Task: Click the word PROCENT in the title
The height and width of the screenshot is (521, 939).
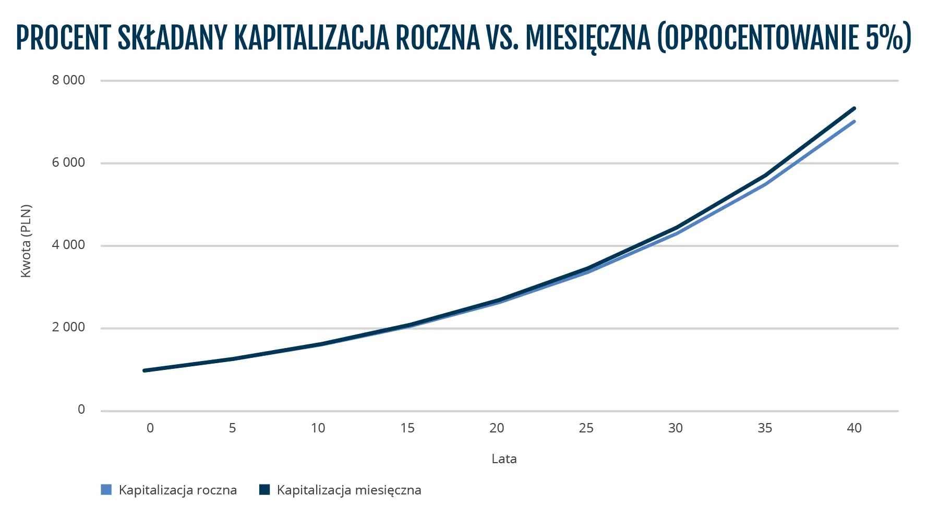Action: pos(64,38)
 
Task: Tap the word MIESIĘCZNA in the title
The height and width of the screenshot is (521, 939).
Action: pos(588,38)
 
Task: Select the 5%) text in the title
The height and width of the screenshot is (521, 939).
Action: pos(888,38)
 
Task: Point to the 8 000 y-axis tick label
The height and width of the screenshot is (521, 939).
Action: pos(68,80)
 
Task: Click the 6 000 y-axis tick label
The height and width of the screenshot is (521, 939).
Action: pos(68,163)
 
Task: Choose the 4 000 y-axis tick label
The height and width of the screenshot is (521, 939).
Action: pos(68,245)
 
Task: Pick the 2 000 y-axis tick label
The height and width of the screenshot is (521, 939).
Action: pos(68,327)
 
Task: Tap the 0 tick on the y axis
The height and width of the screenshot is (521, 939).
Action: pos(81,410)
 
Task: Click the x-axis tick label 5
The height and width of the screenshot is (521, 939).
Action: pos(232,428)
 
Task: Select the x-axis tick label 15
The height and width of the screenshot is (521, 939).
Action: pos(407,428)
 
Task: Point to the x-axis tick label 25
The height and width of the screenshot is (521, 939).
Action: pos(586,428)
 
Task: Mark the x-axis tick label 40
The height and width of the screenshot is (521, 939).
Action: pos(854,428)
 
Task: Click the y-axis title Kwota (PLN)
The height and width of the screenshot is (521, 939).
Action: pos(26,241)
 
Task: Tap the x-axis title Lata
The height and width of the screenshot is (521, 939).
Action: pos(504,459)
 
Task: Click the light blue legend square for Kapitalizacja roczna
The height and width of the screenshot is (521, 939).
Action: pos(106,490)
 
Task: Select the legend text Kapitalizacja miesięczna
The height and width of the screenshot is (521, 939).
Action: pos(348,490)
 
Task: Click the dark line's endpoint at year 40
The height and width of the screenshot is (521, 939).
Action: pos(854,108)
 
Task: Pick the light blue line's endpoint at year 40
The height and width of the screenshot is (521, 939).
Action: pos(854,121)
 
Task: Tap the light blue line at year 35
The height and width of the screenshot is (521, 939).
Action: pos(765,184)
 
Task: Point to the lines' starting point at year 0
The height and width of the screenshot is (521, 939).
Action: pos(145,370)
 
